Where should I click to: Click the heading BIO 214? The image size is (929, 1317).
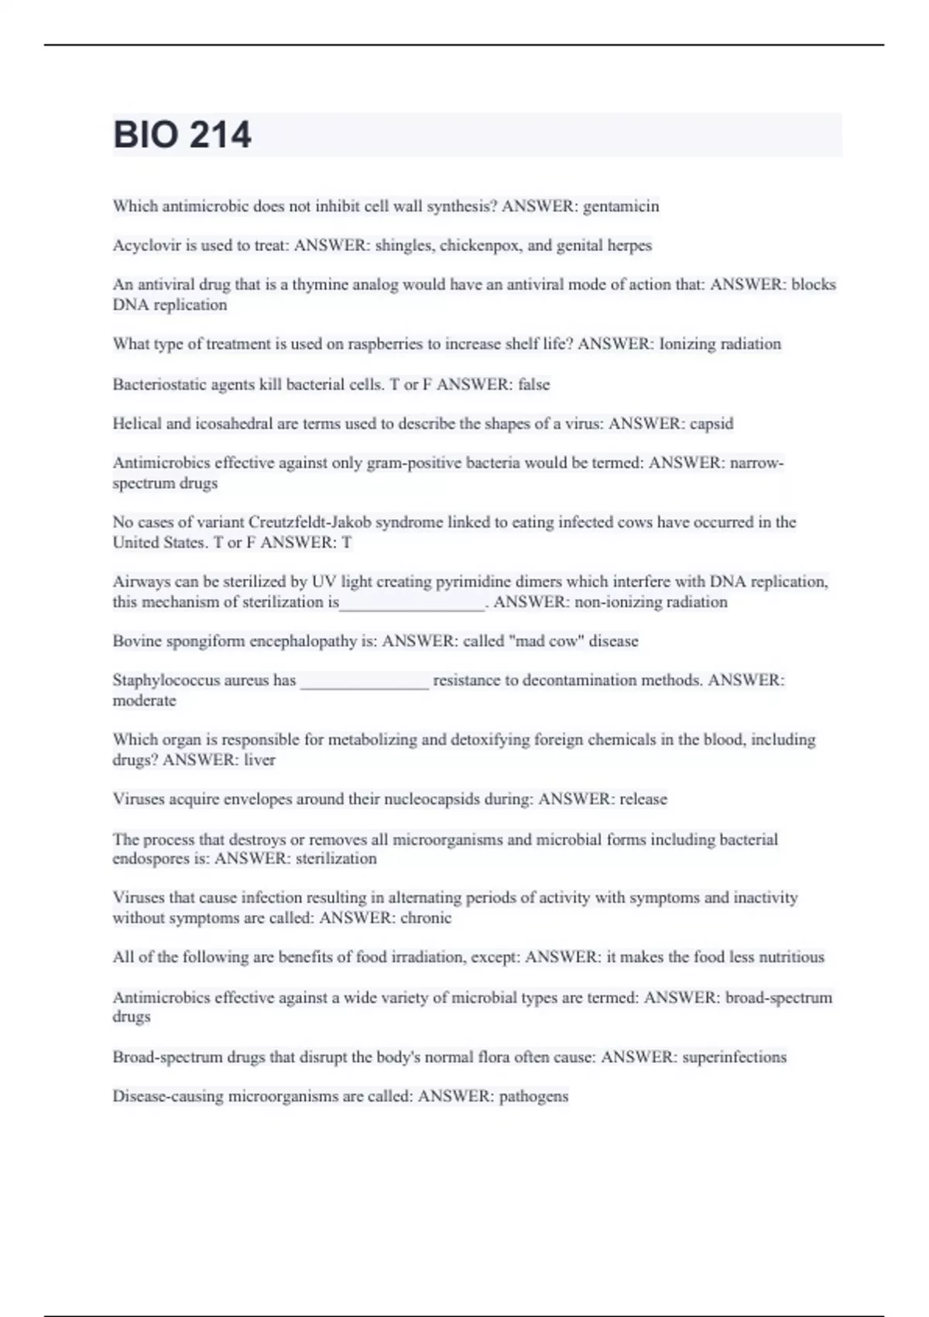(x=182, y=135)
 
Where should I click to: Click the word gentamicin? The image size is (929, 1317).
(x=621, y=207)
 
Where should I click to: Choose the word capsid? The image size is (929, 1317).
(x=711, y=424)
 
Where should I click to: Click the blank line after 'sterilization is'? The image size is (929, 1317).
(x=412, y=604)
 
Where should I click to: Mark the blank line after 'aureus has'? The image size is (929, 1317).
(x=364, y=683)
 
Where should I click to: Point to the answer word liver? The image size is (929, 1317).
(x=259, y=760)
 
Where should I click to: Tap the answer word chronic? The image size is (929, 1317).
(x=425, y=918)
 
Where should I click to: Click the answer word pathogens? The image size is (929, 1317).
(x=533, y=1097)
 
